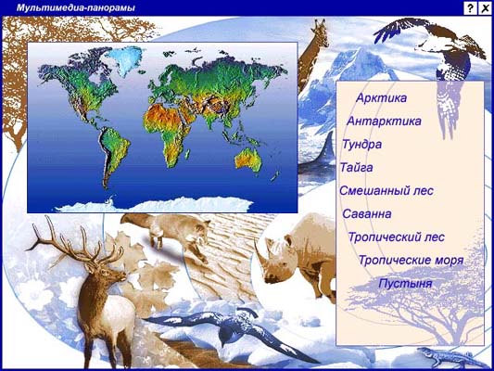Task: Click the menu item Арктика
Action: pyautogui.click(x=381, y=97)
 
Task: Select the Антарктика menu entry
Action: pyautogui.click(x=384, y=122)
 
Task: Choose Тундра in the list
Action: pyautogui.click(x=361, y=145)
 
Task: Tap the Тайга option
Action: pyautogui.click(x=356, y=168)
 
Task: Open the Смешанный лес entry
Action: pyautogui.click(x=386, y=191)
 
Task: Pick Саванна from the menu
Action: pyautogui.click(x=367, y=214)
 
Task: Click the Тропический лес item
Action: pyautogui.click(x=397, y=237)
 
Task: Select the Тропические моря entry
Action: pyautogui.click(x=412, y=261)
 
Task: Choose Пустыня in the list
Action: pyautogui.click(x=405, y=284)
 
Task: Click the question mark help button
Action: pyautogui.click(x=470, y=8)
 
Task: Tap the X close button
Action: pyautogui.click(x=485, y=8)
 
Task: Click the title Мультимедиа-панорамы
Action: pyautogui.click(x=76, y=7)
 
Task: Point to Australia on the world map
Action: pyautogui.click(x=249, y=160)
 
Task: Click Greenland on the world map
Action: pyautogui.click(x=124, y=60)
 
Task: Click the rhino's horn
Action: pyautogui.click(x=260, y=254)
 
